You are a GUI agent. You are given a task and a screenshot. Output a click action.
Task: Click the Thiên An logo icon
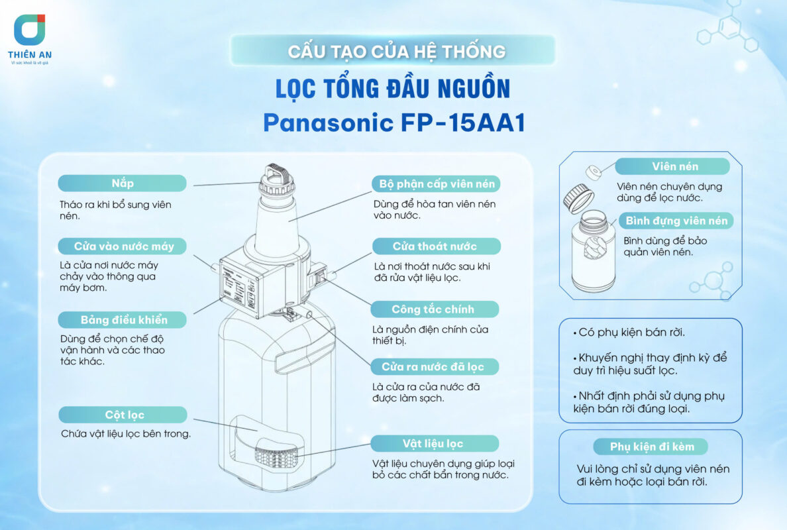tap(29, 30)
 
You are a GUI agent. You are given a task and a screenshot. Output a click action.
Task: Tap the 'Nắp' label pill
tap(122, 183)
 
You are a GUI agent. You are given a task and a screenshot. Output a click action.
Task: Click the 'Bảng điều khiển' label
tap(123, 320)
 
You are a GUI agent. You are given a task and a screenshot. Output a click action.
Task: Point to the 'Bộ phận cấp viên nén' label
tap(437, 184)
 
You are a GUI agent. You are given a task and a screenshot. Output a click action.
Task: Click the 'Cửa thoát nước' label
tap(434, 246)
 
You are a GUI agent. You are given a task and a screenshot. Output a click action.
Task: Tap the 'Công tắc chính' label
tap(434, 309)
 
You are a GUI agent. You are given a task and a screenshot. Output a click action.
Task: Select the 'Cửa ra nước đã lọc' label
tap(434, 366)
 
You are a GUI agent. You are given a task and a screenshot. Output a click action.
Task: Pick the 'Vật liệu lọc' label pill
tap(434, 443)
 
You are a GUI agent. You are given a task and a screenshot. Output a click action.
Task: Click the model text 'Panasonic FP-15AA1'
tap(393, 123)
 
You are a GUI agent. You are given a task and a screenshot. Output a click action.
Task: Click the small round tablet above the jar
tap(594, 172)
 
